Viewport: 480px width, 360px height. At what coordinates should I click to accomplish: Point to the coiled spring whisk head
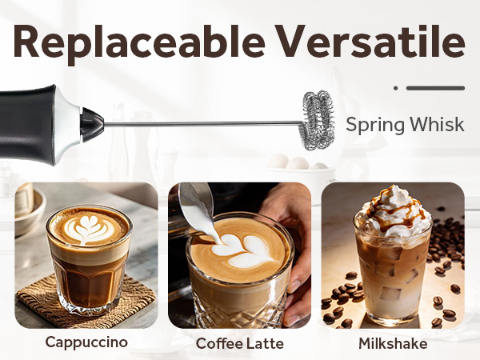pyautogui.click(x=318, y=119)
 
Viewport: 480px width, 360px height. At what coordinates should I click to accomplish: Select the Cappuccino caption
pyautogui.click(x=86, y=342)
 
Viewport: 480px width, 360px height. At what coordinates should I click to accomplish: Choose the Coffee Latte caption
pyautogui.click(x=239, y=343)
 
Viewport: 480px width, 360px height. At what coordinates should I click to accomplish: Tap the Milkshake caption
pyautogui.click(x=393, y=343)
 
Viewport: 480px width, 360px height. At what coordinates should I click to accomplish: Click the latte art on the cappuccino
pyautogui.click(x=87, y=228)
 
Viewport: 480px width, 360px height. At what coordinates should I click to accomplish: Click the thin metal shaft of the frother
pyautogui.click(x=200, y=123)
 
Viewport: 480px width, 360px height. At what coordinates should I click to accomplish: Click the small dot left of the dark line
pyautogui.click(x=395, y=88)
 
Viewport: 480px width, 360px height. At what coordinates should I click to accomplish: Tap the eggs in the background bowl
pyautogui.click(x=298, y=163)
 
